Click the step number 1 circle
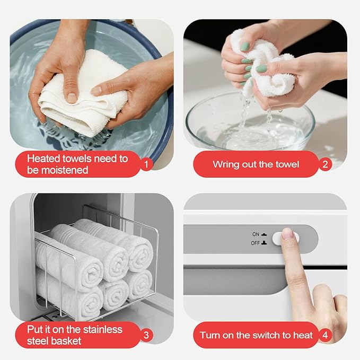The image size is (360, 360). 146,164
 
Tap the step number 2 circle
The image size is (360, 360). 325,164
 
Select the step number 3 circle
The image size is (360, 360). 146,335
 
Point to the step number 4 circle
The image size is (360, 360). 325,335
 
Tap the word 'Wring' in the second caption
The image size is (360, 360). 226,165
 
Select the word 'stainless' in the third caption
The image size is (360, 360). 103,329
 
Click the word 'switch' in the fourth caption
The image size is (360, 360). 266,335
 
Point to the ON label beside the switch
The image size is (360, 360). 256,234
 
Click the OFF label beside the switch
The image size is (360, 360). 255,243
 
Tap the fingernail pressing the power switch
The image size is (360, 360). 287,233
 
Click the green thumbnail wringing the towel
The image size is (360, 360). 261,68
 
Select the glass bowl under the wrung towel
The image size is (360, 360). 250,124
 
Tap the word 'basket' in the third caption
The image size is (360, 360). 66,341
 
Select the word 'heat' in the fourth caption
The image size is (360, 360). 303,335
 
